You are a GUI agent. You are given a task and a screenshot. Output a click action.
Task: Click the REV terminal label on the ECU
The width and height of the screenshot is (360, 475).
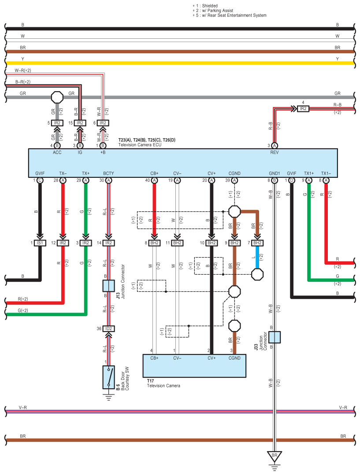tap(274, 152)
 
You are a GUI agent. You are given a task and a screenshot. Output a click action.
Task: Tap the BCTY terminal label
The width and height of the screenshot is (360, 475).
tap(108, 173)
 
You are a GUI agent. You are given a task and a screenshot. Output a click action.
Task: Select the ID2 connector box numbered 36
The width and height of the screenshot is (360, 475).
tap(108, 329)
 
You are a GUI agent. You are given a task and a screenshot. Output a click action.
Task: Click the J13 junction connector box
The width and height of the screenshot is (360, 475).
tap(108, 286)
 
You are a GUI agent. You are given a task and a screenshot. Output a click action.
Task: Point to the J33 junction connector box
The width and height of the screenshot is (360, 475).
tap(275, 337)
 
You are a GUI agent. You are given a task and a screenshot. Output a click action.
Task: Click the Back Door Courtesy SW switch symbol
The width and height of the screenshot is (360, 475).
tap(108, 377)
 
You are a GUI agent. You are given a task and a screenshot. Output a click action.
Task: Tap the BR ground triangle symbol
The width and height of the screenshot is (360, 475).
tap(275, 456)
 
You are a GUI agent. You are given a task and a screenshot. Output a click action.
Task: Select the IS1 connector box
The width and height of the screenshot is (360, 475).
tap(40, 243)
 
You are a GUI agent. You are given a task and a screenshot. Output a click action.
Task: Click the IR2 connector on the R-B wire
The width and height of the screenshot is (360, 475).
tap(303, 109)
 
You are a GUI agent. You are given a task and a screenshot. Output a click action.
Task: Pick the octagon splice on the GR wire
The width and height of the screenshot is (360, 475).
tap(57, 97)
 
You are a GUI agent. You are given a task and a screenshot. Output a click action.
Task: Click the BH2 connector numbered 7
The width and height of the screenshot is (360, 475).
tap(257, 243)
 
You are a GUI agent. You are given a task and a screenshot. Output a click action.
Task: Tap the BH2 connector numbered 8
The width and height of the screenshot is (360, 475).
tap(154, 243)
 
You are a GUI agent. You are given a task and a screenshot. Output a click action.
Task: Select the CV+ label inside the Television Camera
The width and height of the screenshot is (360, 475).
tap(212, 358)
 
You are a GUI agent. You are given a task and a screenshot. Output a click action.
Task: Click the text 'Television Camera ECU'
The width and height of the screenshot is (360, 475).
tap(140, 145)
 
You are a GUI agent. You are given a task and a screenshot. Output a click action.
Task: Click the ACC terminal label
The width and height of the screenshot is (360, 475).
tap(57, 152)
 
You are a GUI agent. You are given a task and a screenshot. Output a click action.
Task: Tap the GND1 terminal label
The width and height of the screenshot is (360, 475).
tap(275, 173)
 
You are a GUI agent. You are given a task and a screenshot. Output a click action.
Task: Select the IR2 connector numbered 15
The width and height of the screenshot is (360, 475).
tap(80, 123)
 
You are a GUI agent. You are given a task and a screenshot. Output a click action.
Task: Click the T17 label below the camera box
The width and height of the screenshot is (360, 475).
tap(150, 381)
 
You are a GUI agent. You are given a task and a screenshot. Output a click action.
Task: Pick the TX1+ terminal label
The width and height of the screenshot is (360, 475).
tap(309, 173)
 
